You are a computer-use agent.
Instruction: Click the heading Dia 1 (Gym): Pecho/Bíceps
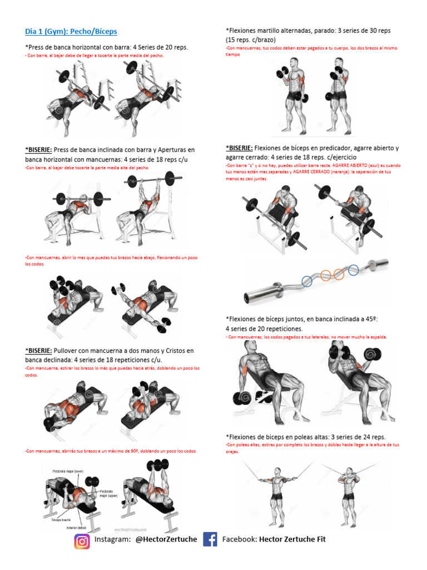tap(71, 32)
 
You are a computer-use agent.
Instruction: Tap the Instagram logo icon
tap(82, 540)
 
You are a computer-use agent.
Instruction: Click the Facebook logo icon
tap(210, 539)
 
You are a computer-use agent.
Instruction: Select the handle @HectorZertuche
tap(166, 539)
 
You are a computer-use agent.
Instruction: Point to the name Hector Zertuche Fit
tap(292, 539)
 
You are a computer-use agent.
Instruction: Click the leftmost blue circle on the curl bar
tap(306, 281)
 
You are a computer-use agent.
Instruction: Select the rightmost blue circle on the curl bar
tap(353, 270)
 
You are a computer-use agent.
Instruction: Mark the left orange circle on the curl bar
tap(325, 274)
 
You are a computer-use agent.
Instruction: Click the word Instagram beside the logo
tap(112, 539)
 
